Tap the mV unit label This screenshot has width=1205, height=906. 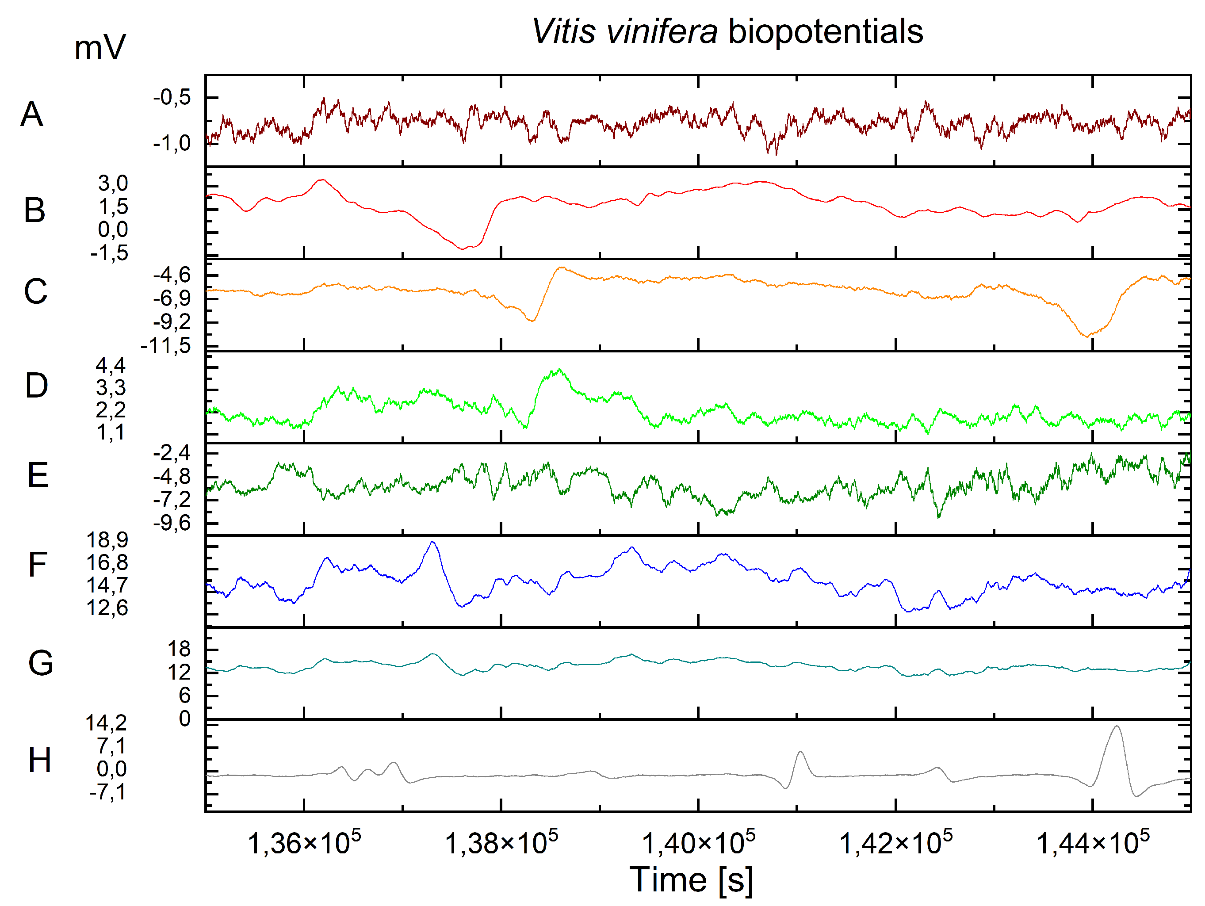[99, 48]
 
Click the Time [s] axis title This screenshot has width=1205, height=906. [691, 879]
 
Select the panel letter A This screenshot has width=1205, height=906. [31, 115]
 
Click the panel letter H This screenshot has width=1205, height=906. [39, 761]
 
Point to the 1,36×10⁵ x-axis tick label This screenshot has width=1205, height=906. [304, 843]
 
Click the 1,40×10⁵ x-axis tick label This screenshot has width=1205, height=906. [698, 843]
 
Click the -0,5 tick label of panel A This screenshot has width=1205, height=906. [172, 98]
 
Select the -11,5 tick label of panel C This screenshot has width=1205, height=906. [166, 345]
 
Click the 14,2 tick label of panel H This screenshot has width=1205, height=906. [106, 723]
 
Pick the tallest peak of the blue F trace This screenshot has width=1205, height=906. [432, 542]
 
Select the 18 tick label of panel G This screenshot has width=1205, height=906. [179, 649]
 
